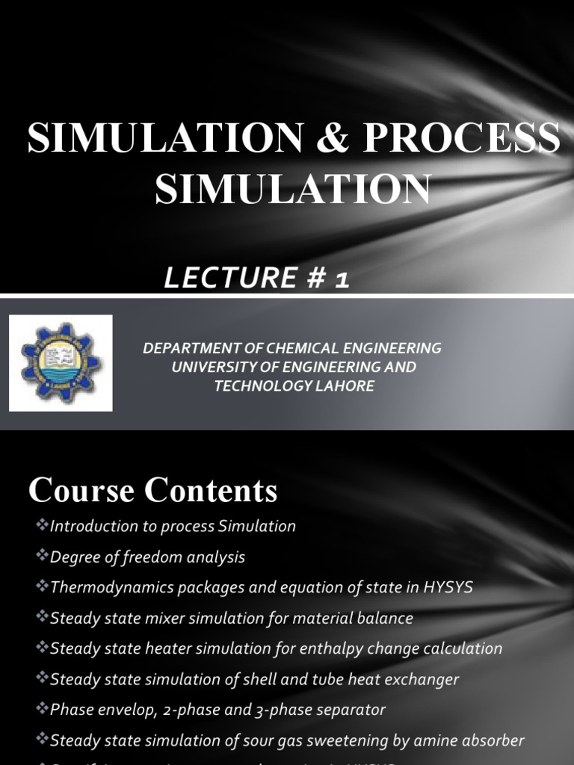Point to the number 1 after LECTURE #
pos(342,279)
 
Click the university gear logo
pos(61,363)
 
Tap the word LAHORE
pos(341,386)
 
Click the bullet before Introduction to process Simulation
pos(42,526)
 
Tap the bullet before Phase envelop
pos(42,710)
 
